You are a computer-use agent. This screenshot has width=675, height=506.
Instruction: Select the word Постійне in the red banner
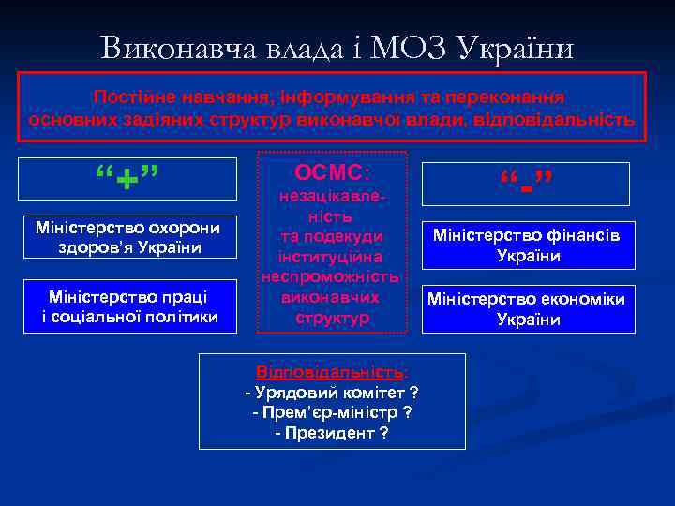point(132,97)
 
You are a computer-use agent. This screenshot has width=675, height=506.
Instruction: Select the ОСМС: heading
point(333,174)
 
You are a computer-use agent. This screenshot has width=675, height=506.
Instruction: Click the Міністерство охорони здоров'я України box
point(127,238)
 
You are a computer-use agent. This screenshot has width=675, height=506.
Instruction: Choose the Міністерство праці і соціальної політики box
point(127,306)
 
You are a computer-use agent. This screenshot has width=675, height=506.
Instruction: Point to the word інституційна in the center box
point(332,256)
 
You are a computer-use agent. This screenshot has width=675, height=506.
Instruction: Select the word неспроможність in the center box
point(332,276)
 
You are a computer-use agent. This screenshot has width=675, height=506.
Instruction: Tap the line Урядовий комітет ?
point(332,393)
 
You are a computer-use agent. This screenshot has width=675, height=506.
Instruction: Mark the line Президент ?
point(332,433)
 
